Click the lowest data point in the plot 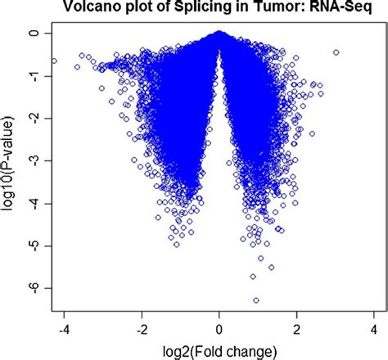point(256,300)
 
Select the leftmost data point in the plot point(54,61)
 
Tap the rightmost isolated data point point(336,52)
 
